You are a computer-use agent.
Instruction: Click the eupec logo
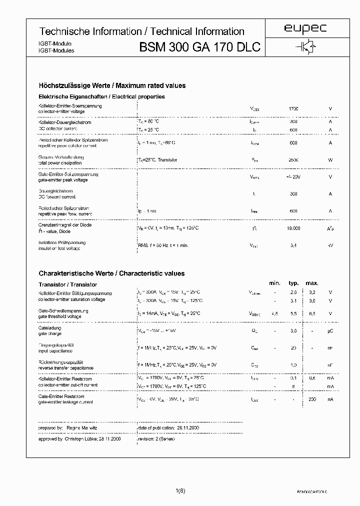pos(305,29)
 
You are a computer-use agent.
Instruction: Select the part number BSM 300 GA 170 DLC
pos(199,47)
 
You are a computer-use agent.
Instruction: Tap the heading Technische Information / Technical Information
pos(141,31)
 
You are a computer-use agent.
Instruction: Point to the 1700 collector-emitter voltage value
pos(293,108)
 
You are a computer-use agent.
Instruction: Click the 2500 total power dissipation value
pos(293,160)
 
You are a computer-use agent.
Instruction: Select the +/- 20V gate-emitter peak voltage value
pos(293,177)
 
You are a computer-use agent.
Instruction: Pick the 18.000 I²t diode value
pos(293,228)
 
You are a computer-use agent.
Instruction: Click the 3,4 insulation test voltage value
pos(293,245)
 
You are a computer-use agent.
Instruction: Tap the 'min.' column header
pos(274,283)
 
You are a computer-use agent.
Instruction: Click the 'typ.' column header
pos(293,283)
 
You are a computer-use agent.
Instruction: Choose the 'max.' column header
pos(312,283)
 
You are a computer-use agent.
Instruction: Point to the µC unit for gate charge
pos(330,330)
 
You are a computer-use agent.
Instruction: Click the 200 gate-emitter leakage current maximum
pos(312,399)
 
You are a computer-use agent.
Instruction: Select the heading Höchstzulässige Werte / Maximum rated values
pos(112,85)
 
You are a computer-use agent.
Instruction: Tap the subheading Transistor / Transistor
pos(67,284)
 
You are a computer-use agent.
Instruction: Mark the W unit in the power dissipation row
pos(330,160)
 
